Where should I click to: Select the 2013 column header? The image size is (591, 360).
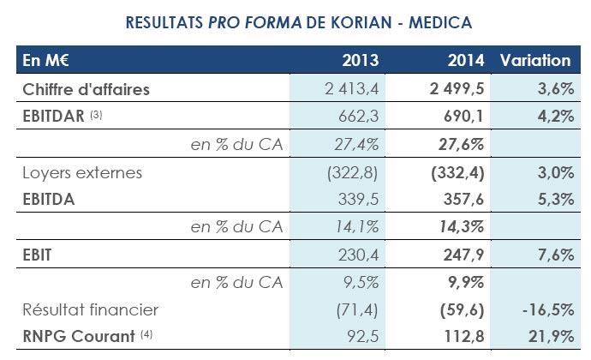[x=361, y=61]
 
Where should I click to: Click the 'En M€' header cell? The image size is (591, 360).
[x=45, y=61]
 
